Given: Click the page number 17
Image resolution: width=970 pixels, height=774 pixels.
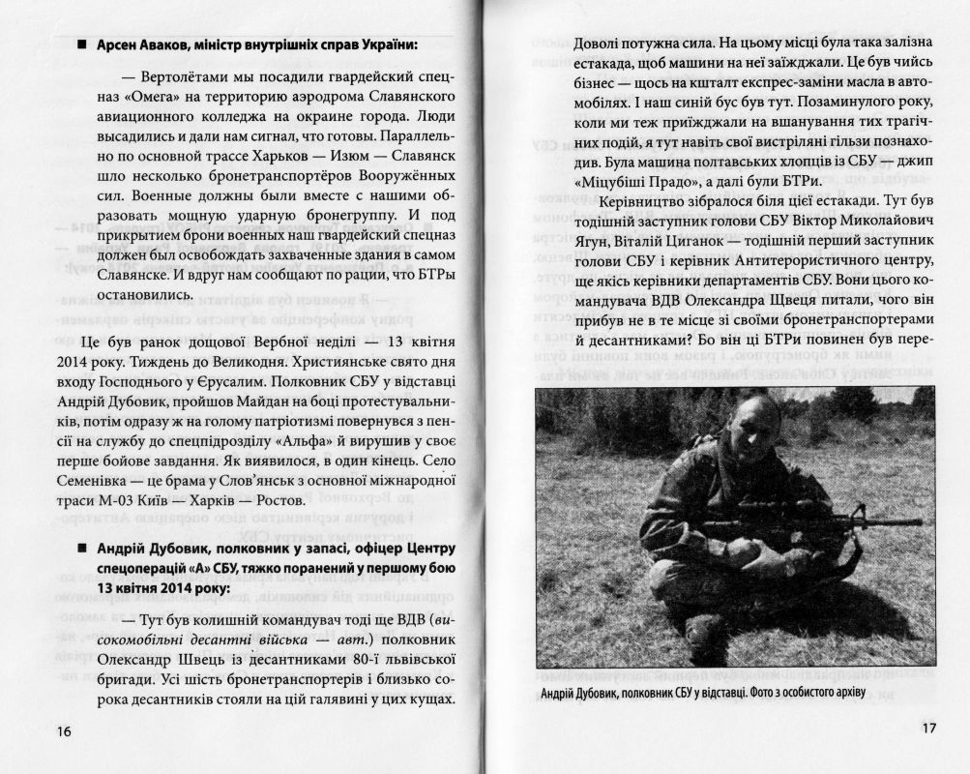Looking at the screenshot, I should click(x=926, y=729).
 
